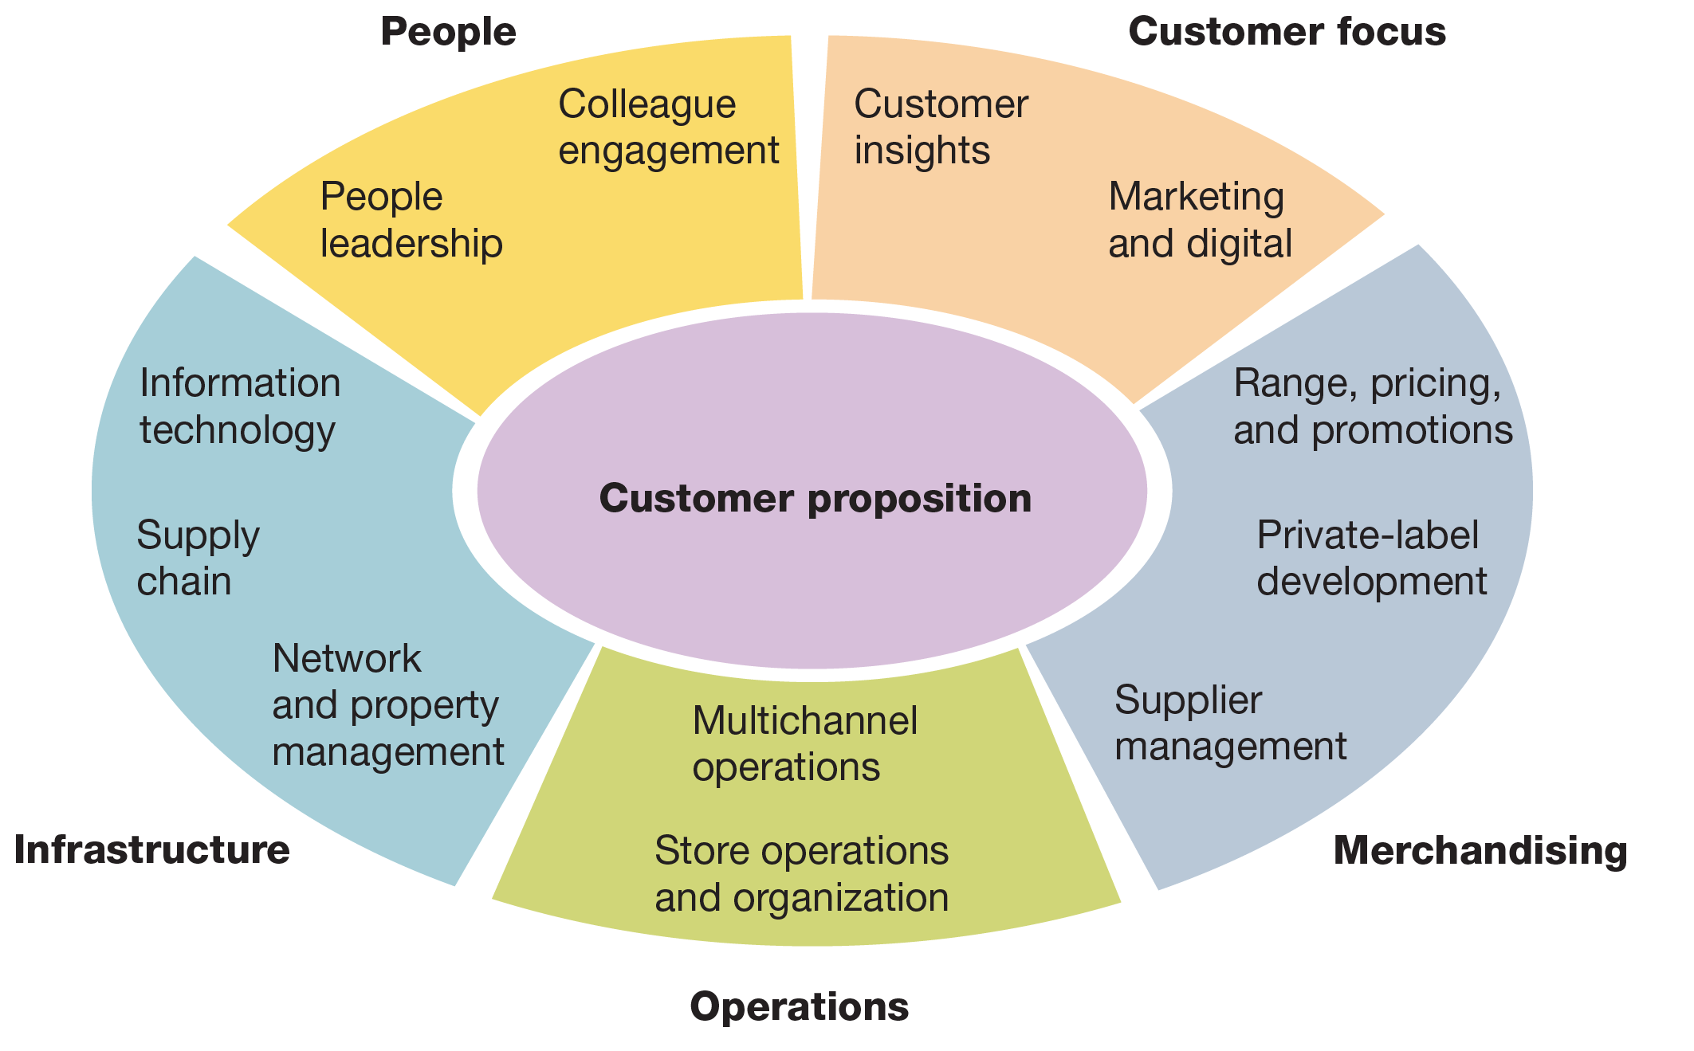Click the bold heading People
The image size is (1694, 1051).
tap(448, 33)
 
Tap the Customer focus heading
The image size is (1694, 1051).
tap(1287, 33)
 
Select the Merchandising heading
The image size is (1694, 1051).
tap(1480, 850)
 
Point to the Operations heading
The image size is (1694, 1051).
tap(799, 1006)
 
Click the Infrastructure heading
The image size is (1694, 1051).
tap(151, 849)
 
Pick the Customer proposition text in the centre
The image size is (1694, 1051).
tap(815, 499)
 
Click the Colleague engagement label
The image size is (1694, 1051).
tap(668, 127)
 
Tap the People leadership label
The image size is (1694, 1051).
tap(411, 220)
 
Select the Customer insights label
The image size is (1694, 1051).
tap(941, 127)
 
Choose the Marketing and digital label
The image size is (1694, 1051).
tap(1200, 220)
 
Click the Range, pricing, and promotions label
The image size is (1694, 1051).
tap(1372, 406)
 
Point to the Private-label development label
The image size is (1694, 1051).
tap(1371, 558)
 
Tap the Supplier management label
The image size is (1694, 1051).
tap(1230, 724)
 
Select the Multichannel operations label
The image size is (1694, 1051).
tap(805, 743)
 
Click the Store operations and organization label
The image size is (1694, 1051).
tap(801, 874)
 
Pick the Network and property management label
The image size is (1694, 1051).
tap(388, 704)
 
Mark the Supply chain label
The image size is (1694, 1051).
tap(198, 558)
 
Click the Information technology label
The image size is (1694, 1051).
tap(239, 406)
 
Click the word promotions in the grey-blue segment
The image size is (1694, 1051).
tap(1412, 430)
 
